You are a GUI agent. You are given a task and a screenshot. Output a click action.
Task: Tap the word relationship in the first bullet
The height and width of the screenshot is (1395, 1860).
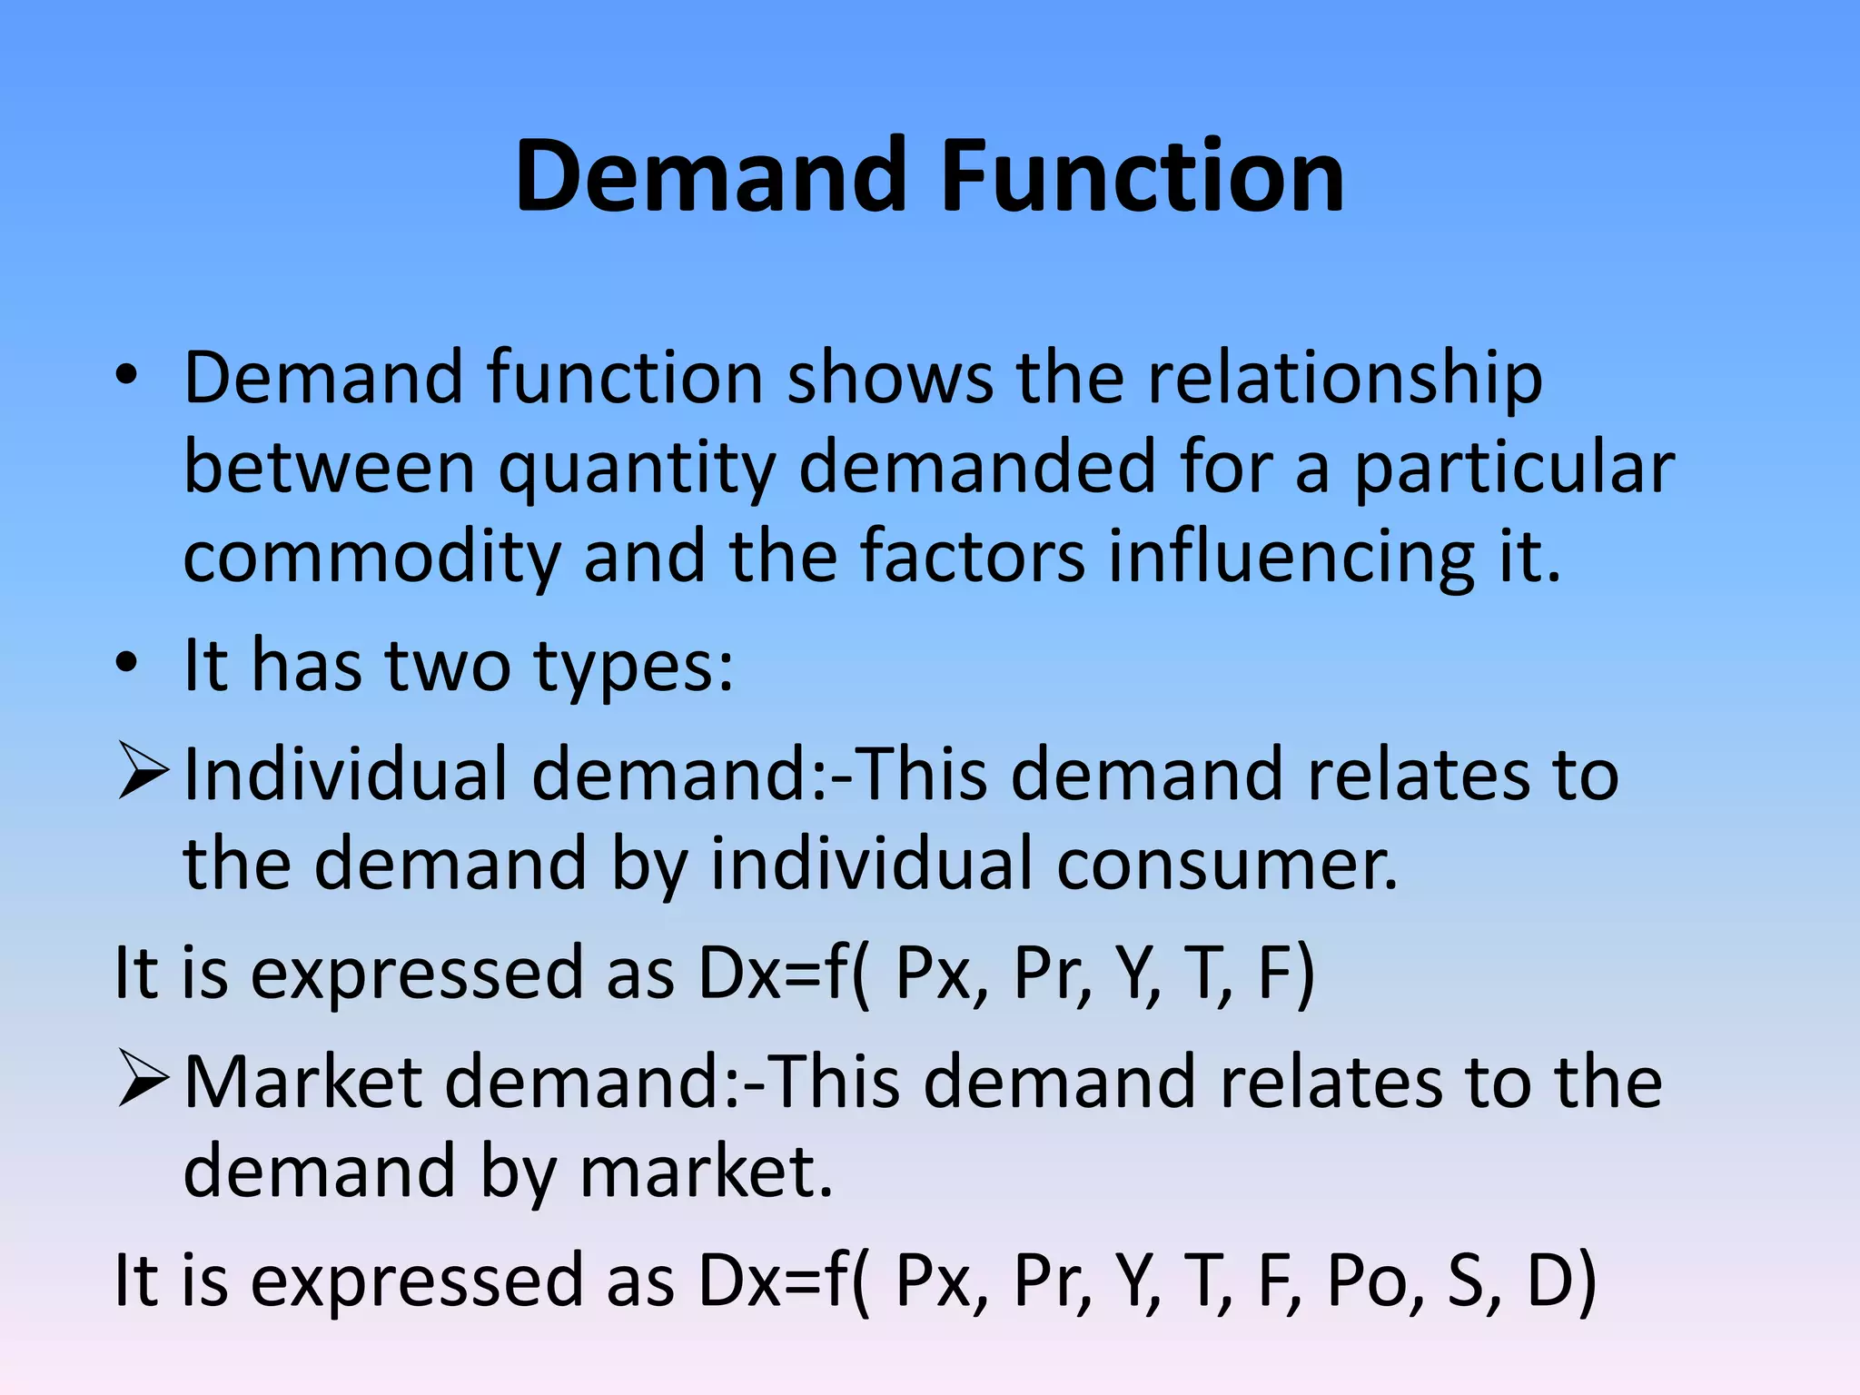tap(1345, 378)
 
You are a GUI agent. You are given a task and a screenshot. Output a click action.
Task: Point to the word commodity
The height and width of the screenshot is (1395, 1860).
tap(371, 558)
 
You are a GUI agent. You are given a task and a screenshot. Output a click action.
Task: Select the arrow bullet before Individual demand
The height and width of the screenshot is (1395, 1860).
tap(143, 773)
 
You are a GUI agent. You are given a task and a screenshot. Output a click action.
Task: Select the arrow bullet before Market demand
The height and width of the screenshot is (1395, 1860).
tap(143, 1081)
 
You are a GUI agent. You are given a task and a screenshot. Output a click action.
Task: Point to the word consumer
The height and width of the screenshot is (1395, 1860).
tap(1227, 865)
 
